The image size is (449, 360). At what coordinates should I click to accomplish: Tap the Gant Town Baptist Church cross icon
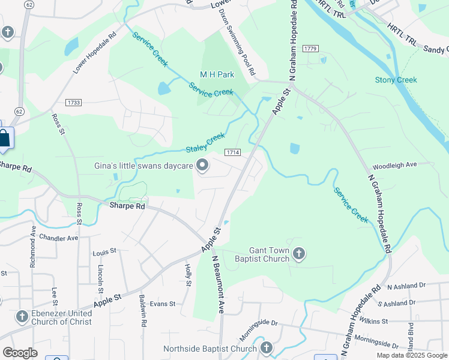coord(300,255)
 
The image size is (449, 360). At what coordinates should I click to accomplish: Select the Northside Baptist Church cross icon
coord(267,348)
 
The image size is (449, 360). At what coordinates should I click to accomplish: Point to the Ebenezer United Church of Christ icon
coord(22,317)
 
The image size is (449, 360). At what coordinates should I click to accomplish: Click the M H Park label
coord(216,75)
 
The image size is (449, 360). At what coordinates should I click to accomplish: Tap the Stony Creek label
coord(396,80)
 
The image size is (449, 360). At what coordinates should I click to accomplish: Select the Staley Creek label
coord(205,143)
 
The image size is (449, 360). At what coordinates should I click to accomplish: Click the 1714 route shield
coord(233,153)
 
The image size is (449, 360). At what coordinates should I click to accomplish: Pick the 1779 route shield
coord(310,48)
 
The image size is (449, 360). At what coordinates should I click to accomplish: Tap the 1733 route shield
coord(74,103)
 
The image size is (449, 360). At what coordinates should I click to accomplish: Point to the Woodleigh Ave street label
coord(394,164)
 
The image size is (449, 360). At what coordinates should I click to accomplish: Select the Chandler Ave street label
coord(58,238)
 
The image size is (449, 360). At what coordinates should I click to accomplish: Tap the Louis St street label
coord(104,252)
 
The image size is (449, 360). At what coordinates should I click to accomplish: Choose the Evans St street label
coord(162,304)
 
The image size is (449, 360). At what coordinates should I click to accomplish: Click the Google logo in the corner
coord(20,352)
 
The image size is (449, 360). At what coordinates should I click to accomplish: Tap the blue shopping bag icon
coord(5,137)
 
